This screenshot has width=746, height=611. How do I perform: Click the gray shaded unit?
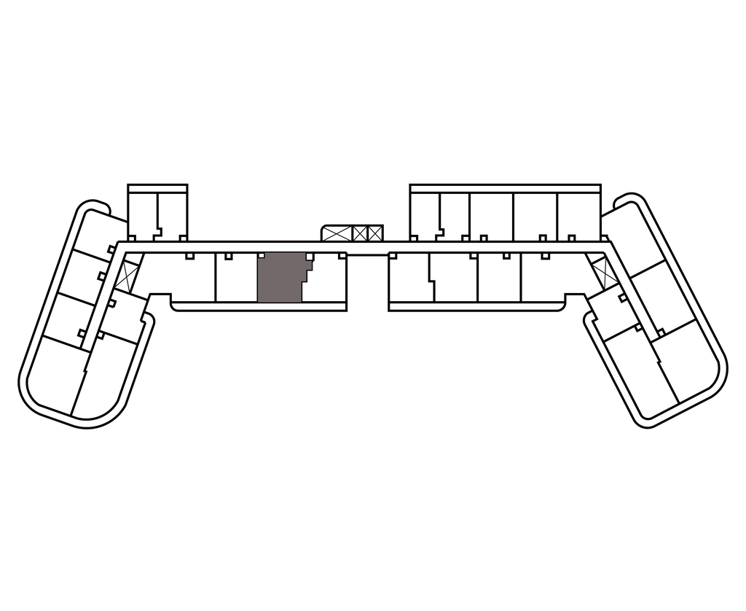coord(280,278)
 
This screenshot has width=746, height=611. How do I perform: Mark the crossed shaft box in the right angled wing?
coord(604,272)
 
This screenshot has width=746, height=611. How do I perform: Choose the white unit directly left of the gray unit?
coord(237,279)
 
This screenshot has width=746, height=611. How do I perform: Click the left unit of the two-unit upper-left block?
coord(143,213)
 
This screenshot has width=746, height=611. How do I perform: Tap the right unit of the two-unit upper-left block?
coord(172,213)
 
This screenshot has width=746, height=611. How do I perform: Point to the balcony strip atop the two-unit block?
coord(157,189)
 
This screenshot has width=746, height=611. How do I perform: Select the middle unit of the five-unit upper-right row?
coord(491,215)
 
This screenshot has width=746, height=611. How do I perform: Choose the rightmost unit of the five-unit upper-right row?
coord(578,215)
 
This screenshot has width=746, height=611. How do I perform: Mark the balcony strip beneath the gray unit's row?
coord(259,306)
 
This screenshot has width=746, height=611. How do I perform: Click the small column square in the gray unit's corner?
coord(262,256)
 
